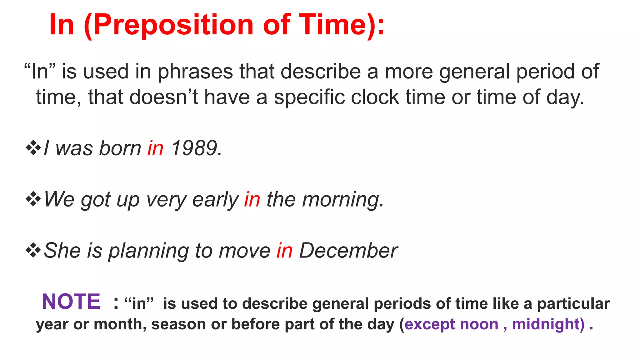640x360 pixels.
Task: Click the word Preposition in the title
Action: click(x=173, y=25)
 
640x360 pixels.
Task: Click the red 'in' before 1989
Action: click(x=155, y=148)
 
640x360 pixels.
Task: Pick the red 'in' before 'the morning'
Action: click(x=252, y=199)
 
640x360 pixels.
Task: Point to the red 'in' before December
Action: click(x=284, y=251)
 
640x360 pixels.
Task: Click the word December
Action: click(x=348, y=251)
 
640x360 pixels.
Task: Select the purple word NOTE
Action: click(x=71, y=302)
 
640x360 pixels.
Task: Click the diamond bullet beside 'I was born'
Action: click(x=33, y=148)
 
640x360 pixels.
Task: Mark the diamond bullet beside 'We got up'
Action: click(x=33, y=199)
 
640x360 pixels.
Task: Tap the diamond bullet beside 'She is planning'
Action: click(x=33, y=250)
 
